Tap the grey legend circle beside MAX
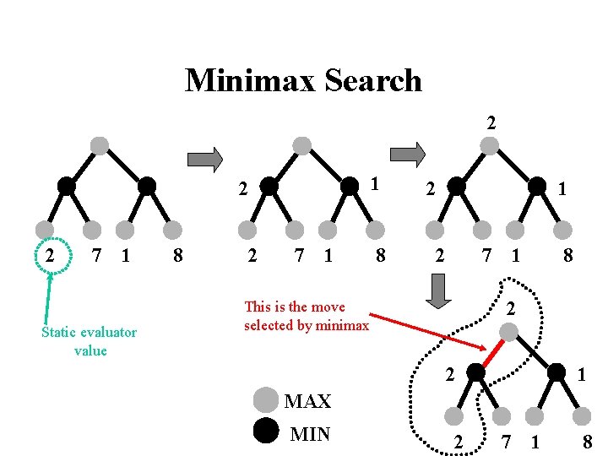[266, 399]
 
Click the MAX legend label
[307, 401]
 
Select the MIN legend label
[309, 434]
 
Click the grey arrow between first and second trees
[204, 159]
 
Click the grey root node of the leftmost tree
[100, 144]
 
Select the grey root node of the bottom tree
[509, 334]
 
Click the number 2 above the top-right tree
[491, 122]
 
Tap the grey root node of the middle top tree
[301, 144]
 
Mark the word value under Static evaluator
[90, 350]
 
